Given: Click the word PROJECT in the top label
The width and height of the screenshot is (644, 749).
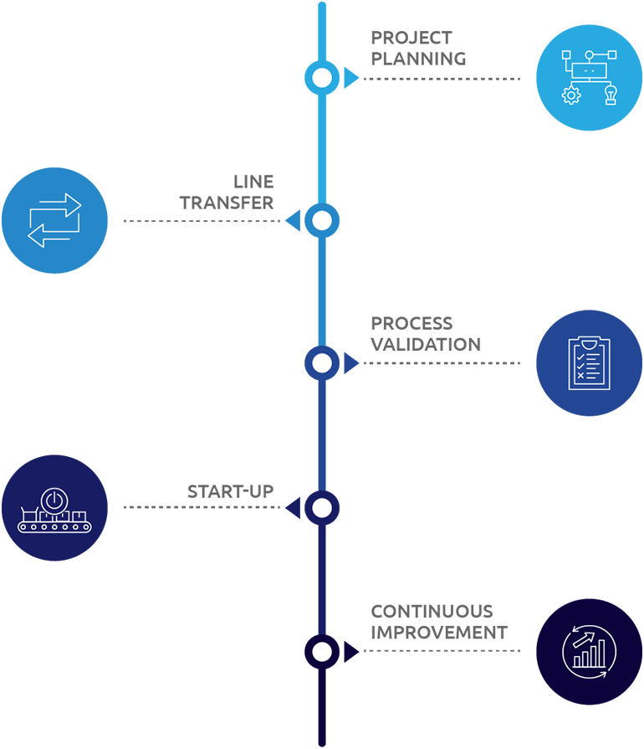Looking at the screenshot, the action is [x=411, y=38].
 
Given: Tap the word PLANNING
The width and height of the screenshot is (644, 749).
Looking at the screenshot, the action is [x=419, y=59].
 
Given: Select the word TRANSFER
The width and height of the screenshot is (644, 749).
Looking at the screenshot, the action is [x=227, y=203].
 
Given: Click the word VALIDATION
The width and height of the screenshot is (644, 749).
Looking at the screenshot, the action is [x=426, y=345].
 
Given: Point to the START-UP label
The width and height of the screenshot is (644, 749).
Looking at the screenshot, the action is [x=231, y=491].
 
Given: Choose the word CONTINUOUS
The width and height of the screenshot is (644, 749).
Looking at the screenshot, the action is [x=432, y=612].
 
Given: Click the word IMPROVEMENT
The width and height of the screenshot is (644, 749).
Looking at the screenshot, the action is [x=439, y=633].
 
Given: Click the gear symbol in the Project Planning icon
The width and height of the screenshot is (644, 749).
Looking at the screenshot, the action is [x=571, y=95].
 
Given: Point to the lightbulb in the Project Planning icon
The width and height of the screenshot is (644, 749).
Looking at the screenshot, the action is [x=611, y=94].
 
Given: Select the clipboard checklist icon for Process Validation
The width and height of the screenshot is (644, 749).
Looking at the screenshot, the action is [x=589, y=363].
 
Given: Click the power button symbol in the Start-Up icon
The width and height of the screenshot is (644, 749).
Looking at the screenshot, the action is [x=54, y=500].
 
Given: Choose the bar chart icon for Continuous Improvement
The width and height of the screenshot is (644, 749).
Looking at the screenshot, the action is [x=590, y=654].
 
